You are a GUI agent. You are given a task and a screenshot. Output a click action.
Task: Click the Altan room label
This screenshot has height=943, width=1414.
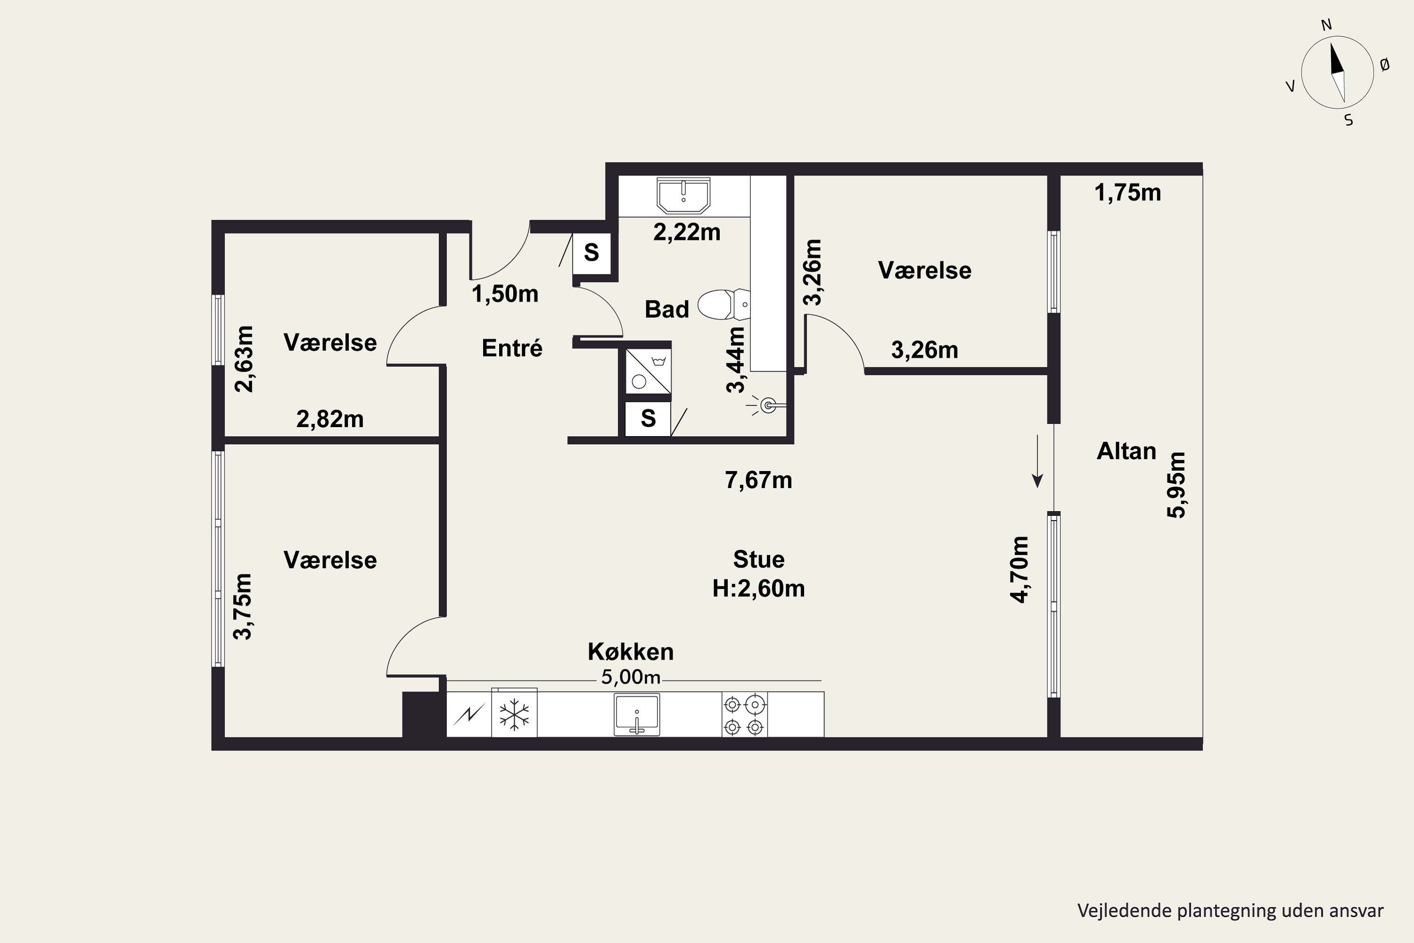(1126, 451)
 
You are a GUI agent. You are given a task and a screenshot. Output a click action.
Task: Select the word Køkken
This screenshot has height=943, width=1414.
(631, 651)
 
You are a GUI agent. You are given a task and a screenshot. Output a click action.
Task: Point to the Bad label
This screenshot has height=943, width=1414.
(667, 309)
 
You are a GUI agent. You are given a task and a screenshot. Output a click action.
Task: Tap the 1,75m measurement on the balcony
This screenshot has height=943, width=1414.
(1128, 192)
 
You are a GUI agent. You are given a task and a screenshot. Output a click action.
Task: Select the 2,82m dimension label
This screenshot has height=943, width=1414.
(330, 419)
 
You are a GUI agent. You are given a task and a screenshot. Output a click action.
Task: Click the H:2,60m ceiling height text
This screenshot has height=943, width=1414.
(759, 588)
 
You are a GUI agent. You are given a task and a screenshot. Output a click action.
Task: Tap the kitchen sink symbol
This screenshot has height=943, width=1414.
(637, 714)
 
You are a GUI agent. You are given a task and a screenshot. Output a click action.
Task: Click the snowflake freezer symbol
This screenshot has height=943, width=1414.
(514, 714)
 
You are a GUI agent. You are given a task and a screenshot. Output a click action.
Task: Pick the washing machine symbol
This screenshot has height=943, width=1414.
(648, 371)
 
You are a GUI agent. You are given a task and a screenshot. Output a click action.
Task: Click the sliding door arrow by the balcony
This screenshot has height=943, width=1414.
(1037, 461)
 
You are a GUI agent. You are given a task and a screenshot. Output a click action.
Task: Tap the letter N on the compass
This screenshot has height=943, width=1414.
(1326, 25)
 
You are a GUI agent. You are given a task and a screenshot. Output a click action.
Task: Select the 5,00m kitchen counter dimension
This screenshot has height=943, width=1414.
(631, 677)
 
